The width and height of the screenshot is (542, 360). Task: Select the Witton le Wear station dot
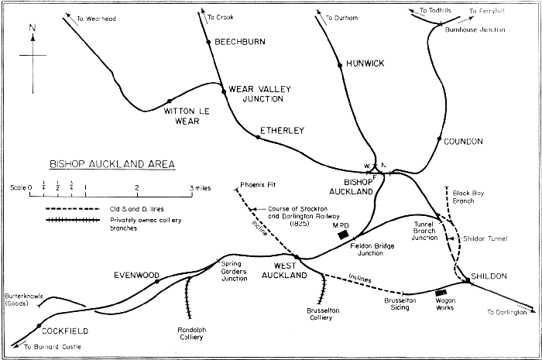point(170,100)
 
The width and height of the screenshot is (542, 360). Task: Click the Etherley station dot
point(258,137)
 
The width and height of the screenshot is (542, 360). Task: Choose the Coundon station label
point(464,141)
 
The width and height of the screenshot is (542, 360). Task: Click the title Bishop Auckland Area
point(111,164)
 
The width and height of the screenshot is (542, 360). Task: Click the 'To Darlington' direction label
point(510,311)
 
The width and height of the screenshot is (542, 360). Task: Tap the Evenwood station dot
point(157,282)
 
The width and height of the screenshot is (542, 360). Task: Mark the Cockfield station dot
point(36,327)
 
